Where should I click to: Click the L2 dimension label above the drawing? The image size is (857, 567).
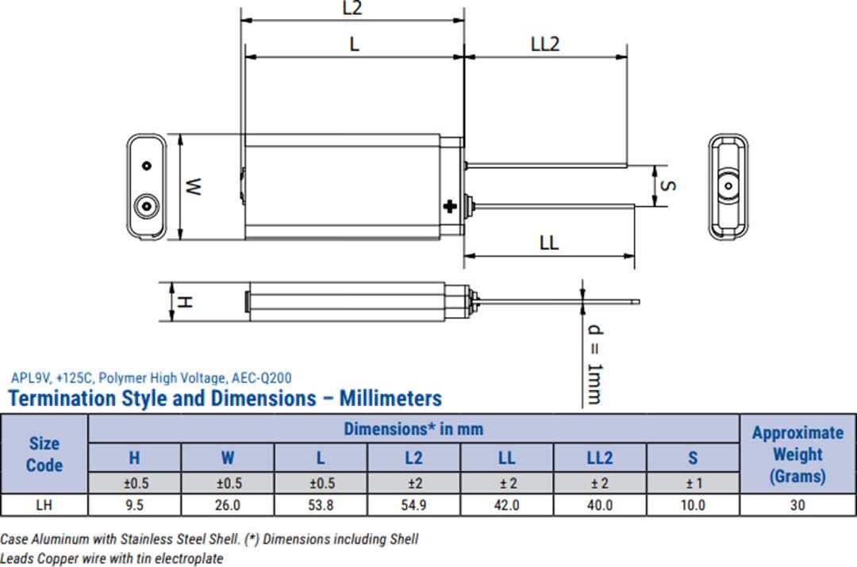[x=352, y=9]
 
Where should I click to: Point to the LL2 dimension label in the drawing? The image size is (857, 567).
[x=544, y=44]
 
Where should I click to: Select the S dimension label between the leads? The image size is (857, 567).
[x=667, y=186]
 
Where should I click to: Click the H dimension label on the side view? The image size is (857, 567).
[x=183, y=302]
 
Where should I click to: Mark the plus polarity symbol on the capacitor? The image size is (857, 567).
[x=450, y=207]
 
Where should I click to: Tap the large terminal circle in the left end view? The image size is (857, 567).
[x=145, y=206]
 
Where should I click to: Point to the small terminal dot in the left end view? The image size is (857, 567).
[x=146, y=166]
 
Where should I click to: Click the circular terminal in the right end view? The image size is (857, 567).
[x=728, y=186]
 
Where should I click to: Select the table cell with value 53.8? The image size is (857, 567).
[x=321, y=504]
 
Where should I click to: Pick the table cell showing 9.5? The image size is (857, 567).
[x=135, y=504]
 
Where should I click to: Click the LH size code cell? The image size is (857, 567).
[x=44, y=504]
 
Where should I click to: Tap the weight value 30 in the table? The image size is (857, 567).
[x=797, y=504]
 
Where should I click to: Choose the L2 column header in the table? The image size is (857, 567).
[x=413, y=458]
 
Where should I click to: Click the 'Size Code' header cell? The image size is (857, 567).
[x=44, y=454]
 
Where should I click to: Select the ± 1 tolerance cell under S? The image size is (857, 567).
[x=693, y=482]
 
